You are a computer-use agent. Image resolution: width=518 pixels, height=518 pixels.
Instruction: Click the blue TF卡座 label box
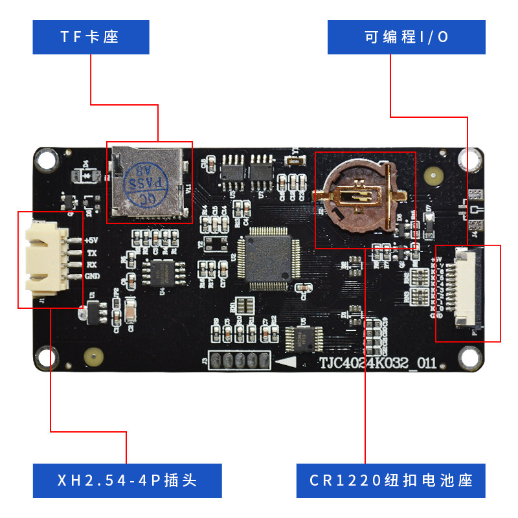91,37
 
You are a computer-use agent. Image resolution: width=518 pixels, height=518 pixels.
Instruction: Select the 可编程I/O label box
406,37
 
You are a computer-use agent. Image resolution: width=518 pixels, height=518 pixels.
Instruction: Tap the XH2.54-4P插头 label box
127,480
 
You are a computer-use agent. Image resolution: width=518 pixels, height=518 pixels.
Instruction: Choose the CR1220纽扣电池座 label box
390,480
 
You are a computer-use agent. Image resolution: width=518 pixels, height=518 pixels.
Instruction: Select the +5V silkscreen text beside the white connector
91,240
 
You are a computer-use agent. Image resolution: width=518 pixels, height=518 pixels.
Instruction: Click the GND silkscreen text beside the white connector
92,276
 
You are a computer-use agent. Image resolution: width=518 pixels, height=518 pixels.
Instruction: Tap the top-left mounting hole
46,159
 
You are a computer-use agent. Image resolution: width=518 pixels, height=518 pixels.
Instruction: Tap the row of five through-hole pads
239,361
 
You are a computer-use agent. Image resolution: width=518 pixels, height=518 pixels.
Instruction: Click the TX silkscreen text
91,253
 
